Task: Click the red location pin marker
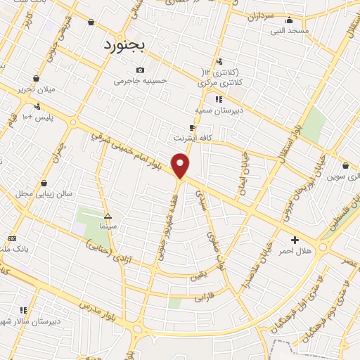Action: [181, 166]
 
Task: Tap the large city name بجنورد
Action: [123, 46]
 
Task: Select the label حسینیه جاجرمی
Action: [141, 81]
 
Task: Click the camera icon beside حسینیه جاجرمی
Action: [141, 70]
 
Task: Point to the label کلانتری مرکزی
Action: [221, 83]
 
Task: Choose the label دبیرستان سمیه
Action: [219, 110]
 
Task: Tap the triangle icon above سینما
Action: [108, 216]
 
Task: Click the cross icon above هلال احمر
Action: [295, 240]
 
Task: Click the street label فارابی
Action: [202, 298]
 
